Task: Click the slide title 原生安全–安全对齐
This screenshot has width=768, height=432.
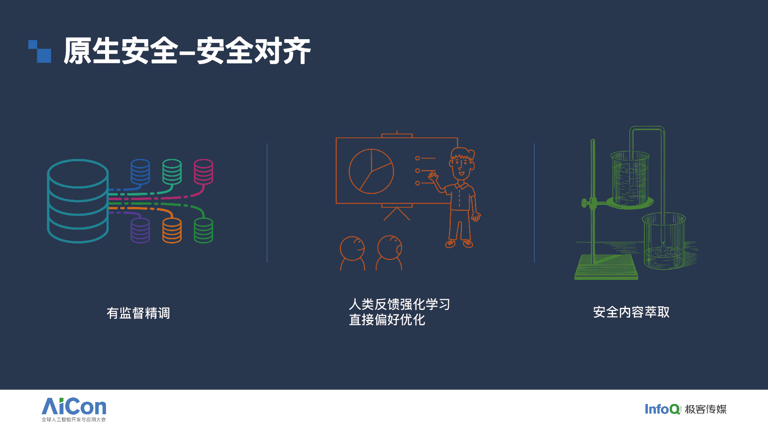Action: pos(187,51)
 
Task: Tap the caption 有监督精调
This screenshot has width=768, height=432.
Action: pos(138,313)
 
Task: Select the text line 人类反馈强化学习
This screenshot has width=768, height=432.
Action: pos(399,304)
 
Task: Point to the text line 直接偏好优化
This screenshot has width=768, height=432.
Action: pos(387,319)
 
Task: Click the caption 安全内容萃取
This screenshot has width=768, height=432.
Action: pos(631,312)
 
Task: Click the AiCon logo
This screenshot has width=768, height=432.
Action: pos(74,410)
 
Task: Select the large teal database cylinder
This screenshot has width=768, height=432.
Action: pos(78,201)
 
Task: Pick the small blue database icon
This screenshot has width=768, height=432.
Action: pos(140,172)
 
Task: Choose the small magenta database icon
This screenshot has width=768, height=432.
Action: pos(204,172)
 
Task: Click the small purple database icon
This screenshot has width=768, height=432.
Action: pos(140,230)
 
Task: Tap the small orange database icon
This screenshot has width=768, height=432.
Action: pos(172,230)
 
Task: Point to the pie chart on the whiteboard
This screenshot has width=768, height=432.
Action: pos(371,171)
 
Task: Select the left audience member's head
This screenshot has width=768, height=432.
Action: pos(353,248)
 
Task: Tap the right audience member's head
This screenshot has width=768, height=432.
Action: pos(390,248)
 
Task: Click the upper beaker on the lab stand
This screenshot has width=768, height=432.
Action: pos(630,178)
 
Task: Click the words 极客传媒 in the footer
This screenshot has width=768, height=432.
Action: pos(706,409)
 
